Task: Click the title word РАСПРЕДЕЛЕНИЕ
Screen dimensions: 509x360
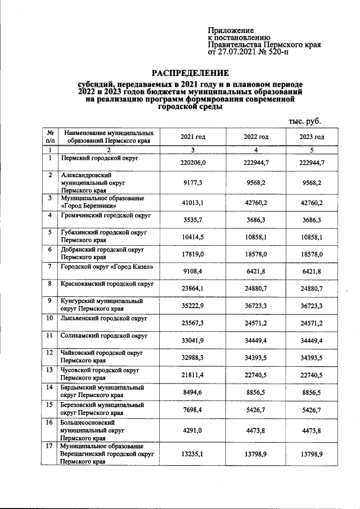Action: (192, 73)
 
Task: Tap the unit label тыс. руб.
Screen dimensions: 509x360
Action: (304, 120)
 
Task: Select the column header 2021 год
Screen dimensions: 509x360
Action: (192, 137)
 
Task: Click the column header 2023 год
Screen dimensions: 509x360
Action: (313, 137)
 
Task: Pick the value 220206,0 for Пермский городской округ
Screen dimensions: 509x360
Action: (192, 163)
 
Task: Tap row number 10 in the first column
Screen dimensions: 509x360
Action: (50, 318)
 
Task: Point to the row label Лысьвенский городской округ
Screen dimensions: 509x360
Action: (104, 318)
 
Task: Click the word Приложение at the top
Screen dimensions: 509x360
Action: (231, 30)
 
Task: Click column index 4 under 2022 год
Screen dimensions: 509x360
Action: (255, 150)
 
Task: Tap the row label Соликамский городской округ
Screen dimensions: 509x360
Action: (104, 336)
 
